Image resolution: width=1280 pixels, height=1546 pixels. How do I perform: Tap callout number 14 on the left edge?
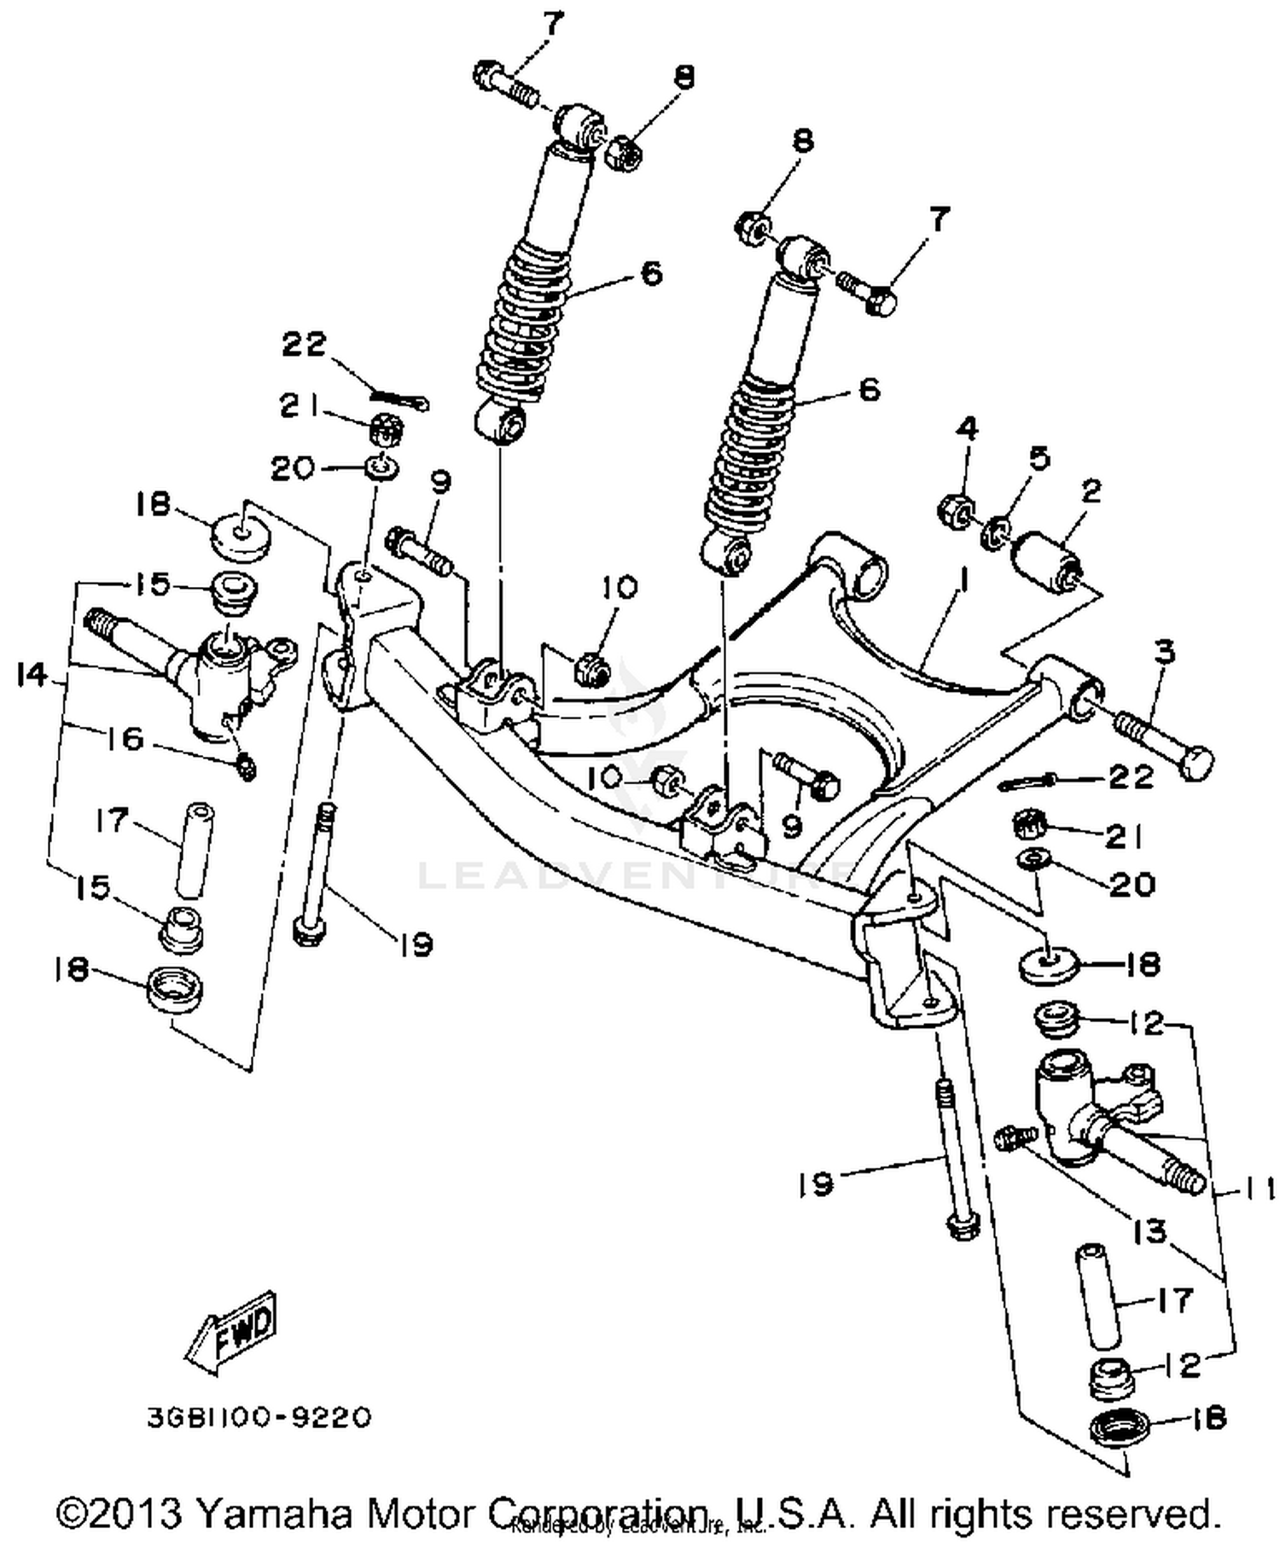click(x=32, y=677)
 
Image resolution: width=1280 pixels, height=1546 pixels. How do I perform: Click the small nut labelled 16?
click(x=246, y=765)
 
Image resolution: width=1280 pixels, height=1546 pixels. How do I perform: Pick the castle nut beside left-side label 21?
click(x=386, y=430)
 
